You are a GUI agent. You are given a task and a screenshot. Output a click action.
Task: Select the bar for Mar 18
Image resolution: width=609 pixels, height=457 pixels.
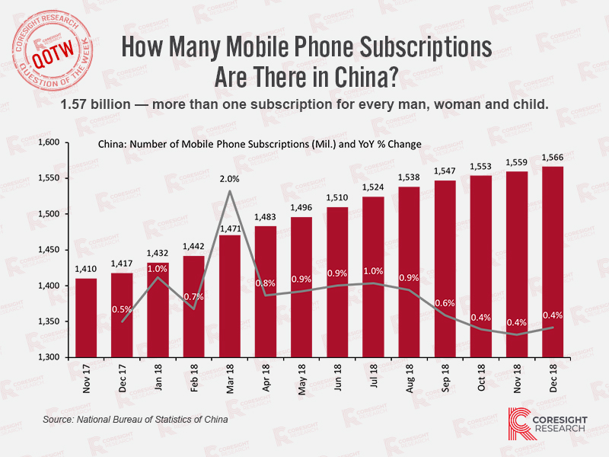(231, 297)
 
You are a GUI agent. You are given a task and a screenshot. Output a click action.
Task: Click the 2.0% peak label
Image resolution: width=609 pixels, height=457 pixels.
(231, 180)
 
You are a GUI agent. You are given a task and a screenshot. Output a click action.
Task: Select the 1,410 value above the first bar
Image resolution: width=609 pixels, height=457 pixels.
(86, 270)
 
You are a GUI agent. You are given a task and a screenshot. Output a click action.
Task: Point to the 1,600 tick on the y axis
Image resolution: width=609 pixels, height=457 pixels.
(49, 143)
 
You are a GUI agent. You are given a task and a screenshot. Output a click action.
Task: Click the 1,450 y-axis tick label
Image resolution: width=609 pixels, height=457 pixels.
(49, 250)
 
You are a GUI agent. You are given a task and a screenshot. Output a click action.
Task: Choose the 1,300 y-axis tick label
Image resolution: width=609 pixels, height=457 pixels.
(49, 357)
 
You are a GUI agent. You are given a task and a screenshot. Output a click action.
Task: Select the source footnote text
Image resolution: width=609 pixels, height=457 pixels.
(136, 420)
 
